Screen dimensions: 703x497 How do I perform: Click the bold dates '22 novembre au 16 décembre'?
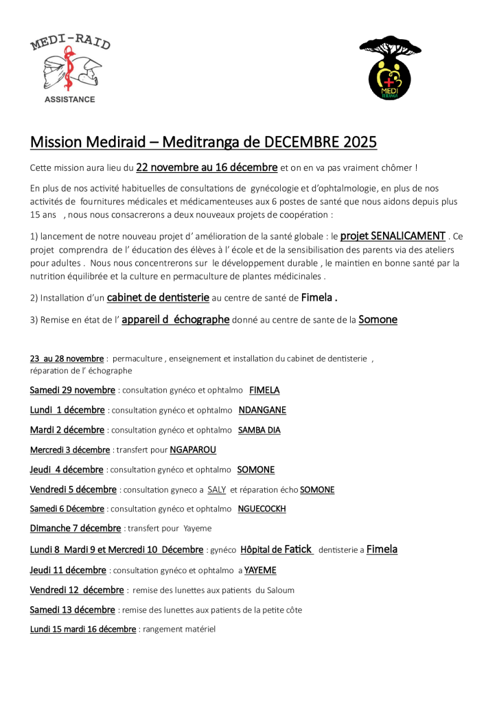coord(207,167)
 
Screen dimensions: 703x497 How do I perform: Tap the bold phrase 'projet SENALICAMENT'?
coord(393,235)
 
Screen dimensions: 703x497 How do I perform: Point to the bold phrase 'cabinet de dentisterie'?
coord(158,297)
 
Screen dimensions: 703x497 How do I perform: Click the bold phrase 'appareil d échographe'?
coord(175,319)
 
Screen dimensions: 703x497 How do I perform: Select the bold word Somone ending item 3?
coord(378,319)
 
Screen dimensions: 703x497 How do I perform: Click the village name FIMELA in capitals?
coord(264,390)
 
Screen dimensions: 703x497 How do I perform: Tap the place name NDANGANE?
coord(262,410)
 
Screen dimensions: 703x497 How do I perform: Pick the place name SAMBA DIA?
coord(259,430)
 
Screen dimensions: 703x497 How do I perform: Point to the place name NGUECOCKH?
coord(262,509)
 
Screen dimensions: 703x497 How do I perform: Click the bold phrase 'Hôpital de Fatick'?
coord(277,549)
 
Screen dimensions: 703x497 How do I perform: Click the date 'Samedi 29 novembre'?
coord(72,390)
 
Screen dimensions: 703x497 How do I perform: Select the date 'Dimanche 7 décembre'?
coord(76,528)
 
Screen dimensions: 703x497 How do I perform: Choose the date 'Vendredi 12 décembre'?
coord(77,590)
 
